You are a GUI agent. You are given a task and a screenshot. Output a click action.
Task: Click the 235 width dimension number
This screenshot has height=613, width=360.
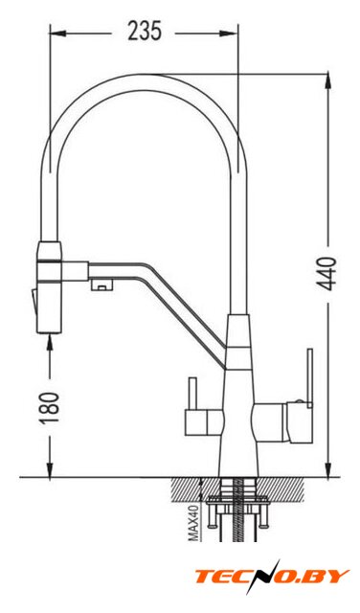[145, 32]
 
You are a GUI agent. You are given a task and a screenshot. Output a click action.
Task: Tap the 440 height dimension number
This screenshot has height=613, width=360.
[326, 274]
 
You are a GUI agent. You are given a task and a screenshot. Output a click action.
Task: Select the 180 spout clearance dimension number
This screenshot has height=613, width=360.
[50, 407]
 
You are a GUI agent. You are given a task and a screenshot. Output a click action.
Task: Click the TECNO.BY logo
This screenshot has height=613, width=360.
[272, 577]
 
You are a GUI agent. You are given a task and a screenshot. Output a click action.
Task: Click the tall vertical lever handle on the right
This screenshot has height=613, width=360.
[310, 378]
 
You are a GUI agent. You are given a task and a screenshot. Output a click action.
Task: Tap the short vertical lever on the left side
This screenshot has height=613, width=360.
[192, 393]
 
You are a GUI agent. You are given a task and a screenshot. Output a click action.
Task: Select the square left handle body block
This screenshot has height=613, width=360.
[204, 421]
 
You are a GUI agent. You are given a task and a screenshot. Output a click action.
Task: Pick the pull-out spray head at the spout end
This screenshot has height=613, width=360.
[50, 287]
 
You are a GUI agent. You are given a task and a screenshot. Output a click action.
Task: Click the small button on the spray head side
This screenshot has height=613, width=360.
[34, 300]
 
